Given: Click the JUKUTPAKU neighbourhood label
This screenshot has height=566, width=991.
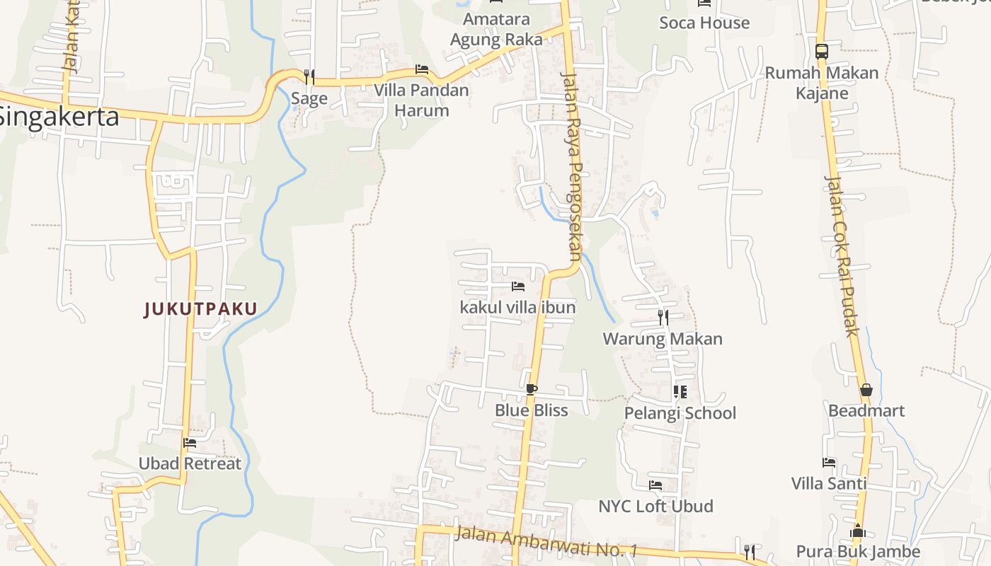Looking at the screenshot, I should click(x=200, y=308).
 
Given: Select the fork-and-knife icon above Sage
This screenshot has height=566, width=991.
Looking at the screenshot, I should click(x=309, y=76).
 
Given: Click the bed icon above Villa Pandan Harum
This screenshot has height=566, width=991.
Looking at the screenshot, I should click(x=422, y=69).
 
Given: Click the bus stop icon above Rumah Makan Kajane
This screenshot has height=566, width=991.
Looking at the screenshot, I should click(x=822, y=51).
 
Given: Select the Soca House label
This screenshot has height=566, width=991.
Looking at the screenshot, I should click(x=704, y=23).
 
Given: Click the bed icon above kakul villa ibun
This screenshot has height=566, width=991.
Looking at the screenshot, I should click(x=518, y=287).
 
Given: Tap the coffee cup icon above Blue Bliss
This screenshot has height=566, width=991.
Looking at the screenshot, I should click(x=532, y=389).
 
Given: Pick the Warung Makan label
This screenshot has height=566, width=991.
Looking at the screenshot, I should click(x=663, y=339).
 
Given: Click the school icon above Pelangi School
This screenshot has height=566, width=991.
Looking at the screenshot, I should click(x=680, y=391).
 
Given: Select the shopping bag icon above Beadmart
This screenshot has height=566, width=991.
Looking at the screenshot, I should click(x=866, y=390).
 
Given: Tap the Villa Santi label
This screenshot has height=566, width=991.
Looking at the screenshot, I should click(x=829, y=483).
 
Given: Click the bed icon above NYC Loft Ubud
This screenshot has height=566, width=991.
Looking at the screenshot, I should click(x=655, y=485).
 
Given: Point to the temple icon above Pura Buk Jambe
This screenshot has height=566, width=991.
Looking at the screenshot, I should click(x=858, y=531).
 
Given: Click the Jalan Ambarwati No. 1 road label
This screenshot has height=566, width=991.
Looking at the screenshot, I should click(x=546, y=541).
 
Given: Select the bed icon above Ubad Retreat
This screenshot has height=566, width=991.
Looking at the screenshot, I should click(x=190, y=444).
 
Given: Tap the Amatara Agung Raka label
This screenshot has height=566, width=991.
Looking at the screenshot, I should click(x=497, y=29).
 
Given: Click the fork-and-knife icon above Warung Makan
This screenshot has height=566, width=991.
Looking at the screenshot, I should click(x=663, y=318).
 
